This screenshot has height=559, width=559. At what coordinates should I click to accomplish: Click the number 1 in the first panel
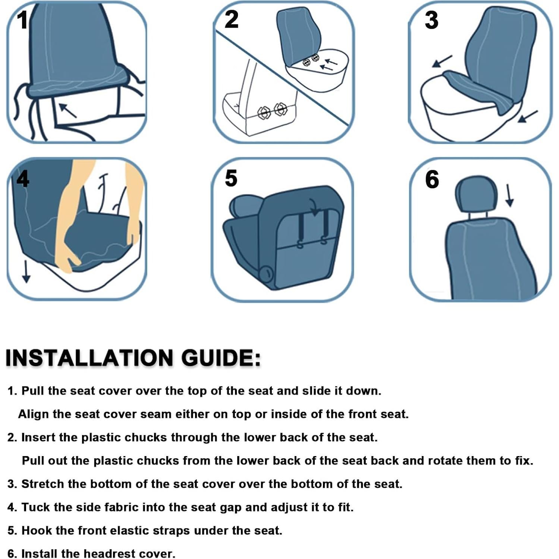point(22,20)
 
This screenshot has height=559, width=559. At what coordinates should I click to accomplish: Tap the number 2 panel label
point(231,19)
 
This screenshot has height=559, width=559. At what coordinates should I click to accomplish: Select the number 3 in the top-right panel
point(431,20)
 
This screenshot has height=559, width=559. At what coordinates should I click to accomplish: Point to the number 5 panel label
point(231,178)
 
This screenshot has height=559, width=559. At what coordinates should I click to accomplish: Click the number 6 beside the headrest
point(432,179)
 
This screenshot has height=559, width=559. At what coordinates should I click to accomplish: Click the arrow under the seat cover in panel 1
point(67,110)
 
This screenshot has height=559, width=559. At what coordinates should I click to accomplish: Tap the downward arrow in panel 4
point(26,272)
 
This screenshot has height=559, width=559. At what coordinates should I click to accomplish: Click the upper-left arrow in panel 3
point(442,61)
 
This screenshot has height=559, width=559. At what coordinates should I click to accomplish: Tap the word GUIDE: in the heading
point(221,358)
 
